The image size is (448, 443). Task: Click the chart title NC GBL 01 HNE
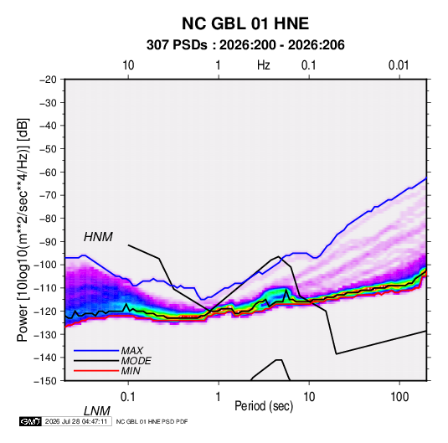tap(245, 23)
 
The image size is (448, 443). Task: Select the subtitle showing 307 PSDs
tap(245, 45)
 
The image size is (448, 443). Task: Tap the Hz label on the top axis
tap(263, 65)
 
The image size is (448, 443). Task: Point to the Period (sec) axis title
tap(264, 406)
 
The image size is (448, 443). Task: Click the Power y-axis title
tap(23, 230)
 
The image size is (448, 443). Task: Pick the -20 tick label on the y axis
tap(48, 80)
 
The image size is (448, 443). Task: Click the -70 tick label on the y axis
tap(48, 195)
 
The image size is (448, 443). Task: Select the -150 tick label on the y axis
tap(45, 381)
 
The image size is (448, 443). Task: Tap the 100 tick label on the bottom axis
tap(399, 397)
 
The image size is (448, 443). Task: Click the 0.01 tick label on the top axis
tap(399, 65)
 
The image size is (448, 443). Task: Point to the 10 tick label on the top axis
tap(128, 65)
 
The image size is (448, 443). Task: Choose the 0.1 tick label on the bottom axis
tap(128, 397)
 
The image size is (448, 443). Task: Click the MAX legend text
tap(132, 350)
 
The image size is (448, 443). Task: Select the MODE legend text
tap(136, 361)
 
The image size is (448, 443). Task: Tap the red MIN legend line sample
tap(96, 371)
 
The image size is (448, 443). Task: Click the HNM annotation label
tap(98, 237)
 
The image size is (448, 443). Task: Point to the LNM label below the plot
tap(96, 411)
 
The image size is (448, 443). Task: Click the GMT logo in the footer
tap(30, 421)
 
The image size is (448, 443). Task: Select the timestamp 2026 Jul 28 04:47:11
tap(76, 421)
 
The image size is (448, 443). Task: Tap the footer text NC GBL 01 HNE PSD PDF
tap(152, 421)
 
